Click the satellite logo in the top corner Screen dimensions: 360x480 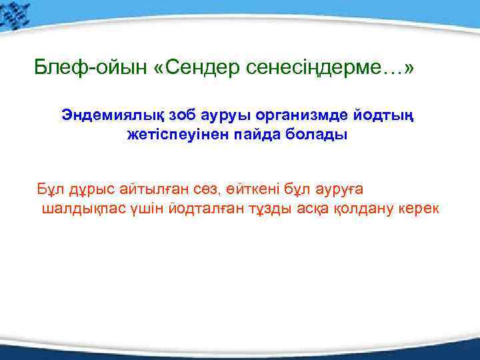pos(16,16)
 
